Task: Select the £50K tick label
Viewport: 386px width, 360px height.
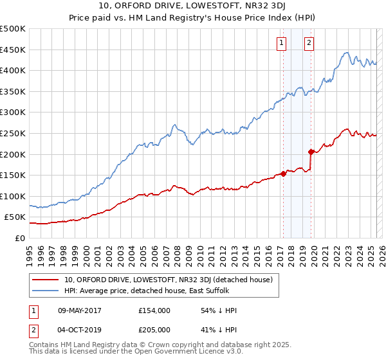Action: [x=15, y=217]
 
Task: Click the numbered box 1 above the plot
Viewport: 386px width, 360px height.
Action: [x=282, y=43]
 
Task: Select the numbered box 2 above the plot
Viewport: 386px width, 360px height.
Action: [x=309, y=43]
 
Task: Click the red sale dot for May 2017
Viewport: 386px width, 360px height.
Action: [x=283, y=174]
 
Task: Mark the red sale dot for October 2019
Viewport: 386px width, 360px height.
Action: [x=311, y=152]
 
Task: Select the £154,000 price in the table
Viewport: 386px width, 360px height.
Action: [x=154, y=310]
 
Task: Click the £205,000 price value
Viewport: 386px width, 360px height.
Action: [x=154, y=330]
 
